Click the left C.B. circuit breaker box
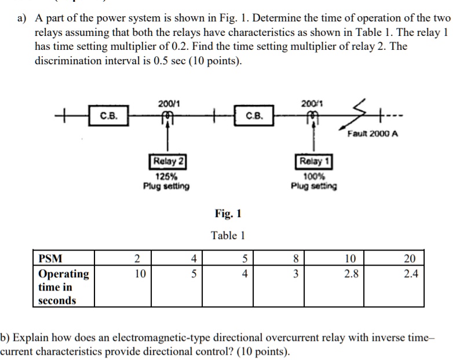[x=108, y=115]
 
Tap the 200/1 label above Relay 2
[x=169, y=103]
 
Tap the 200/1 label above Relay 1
[x=313, y=103]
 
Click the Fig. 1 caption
[x=228, y=214]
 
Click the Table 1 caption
[x=228, y=235]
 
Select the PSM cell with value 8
[x=295, y=258]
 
